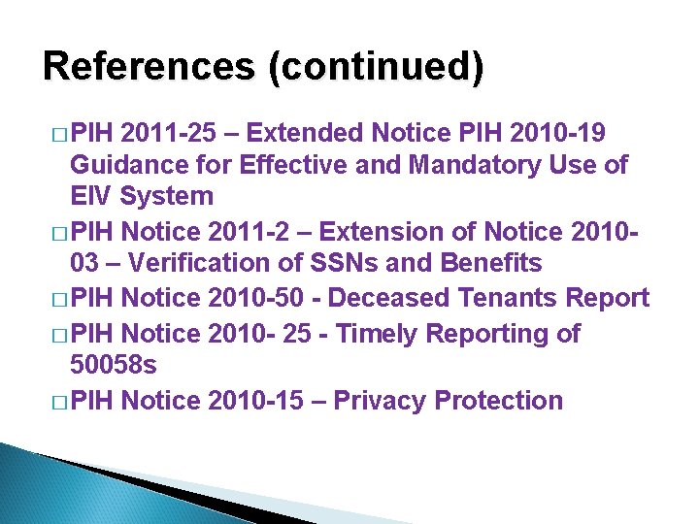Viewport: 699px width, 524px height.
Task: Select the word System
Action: (166, 197)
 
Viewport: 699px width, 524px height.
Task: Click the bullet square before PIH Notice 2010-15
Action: (58, 402)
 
